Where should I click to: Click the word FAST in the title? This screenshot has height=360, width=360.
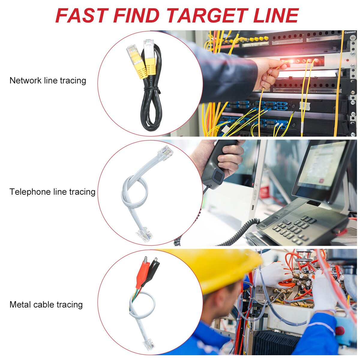coord(81,16)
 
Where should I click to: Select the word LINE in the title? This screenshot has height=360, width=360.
coord(276,16)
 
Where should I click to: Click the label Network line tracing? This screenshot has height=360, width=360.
coord(48,80)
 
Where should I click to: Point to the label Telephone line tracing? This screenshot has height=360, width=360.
coord(52,192)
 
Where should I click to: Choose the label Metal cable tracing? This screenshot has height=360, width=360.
coord(46,304)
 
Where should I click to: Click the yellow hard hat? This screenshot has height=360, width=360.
coord(219,267)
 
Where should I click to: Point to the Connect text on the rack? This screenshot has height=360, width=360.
coord(350,32)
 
